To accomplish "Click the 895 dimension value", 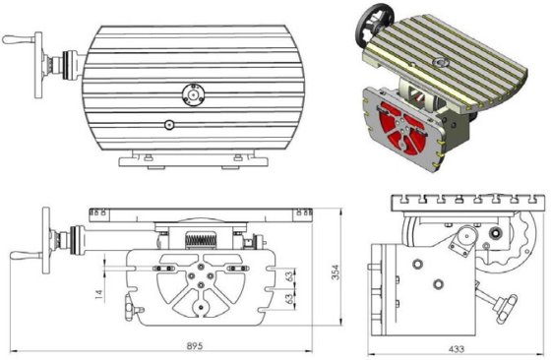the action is coord(195,345).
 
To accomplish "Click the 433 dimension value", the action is coord(457,349).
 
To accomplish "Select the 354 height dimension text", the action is coord(336,271).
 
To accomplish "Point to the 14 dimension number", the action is coord(99,294).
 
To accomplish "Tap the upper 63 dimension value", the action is coord(289,276).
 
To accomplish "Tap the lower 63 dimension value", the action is coord(289,299).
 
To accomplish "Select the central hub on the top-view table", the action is coord(193,94).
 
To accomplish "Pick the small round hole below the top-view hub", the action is coord(169,125).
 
